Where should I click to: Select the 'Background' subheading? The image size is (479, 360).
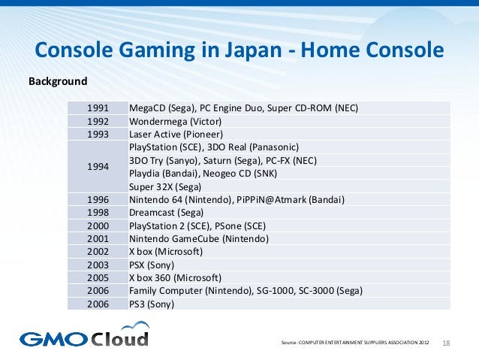pos(58,80)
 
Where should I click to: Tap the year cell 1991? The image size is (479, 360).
pos(98,107)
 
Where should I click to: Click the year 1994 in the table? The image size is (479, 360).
pos(98,166)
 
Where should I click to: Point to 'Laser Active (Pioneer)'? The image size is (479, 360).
pos(176,135)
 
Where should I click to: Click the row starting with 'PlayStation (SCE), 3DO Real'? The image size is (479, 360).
pos(214,147)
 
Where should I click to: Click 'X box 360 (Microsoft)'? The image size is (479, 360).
pos(175,277)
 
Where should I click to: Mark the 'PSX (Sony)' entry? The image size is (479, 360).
pos(152,265)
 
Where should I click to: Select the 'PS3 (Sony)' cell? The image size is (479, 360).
pos(152,304)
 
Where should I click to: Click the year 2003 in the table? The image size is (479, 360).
pos(98,265)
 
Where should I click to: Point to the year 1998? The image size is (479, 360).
pos(98,213)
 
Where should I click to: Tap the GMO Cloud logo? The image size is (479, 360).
pos(84,335)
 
